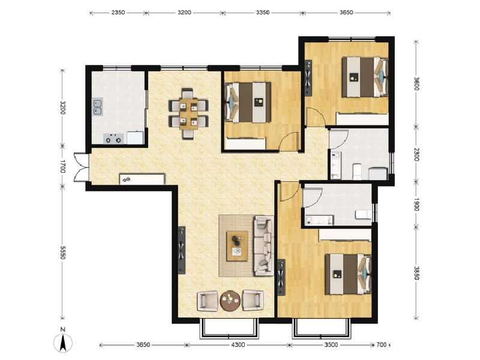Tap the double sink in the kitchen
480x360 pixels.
(x=98, y=107)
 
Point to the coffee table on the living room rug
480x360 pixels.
(x=238, y=245)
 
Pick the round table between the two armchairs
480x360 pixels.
(x=230, y=300)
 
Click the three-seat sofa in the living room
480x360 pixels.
(x=263, y=246)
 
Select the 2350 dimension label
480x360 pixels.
(x=118, y=12)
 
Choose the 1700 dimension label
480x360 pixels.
(x=62, y=166)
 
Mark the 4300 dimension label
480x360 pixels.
(x=238, y=345)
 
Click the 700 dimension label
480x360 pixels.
(x=381, y=345)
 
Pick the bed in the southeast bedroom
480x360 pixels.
(x=345, y=274)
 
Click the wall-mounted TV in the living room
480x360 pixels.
(x=182, y=249)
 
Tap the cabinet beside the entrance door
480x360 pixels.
(x=142, y=179)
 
